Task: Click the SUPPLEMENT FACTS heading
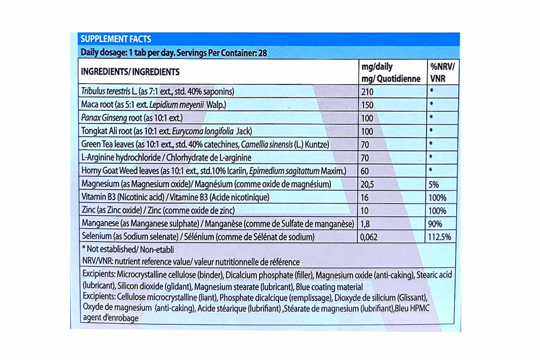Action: pyautogui.click(x=116, y=39)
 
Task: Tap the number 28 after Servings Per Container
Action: pyautogui.click(x=262, y=53)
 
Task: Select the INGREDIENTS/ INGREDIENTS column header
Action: pyautogui.click(x=130, y=72)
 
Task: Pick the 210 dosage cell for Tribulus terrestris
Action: pyautogui.click(x=368, y=92)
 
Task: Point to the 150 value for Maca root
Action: pyautogui.click(x=368, y=105)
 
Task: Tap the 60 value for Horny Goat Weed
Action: pyautogui.click(x=366, y=171)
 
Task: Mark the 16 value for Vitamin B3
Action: pyautogui.click(x=365, y=197)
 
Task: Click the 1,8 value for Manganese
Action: pyautogui.click(x=367, y=224)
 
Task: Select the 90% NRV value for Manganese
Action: pyautogui.click(x=436, y=224)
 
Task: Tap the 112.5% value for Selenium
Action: pyautogui.click(x=440, y=237)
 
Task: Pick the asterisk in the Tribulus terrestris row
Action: pyautogui.click(x=431, y=92)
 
